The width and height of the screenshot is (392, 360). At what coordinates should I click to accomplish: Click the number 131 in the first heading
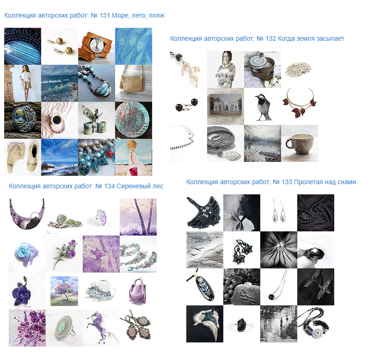point(105,15)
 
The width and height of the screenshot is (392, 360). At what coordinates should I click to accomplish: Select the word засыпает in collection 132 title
point(330,39)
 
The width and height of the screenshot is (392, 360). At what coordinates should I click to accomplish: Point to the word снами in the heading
point(347,182)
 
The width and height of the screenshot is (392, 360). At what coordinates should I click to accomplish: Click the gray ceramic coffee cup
point(299,143)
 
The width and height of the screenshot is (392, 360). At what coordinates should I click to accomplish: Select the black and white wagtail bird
point(263,107)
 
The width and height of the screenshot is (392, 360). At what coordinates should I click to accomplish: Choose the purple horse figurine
point(101,327)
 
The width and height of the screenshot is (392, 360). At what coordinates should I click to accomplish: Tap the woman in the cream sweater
point(225,69)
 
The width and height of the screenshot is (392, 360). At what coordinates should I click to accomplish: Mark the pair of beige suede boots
point(23,157)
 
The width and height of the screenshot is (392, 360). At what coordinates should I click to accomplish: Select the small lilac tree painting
point(64,291)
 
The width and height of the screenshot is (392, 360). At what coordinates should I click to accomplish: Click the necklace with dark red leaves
point(299,103)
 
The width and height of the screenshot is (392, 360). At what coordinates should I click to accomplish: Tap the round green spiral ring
point(64,328)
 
